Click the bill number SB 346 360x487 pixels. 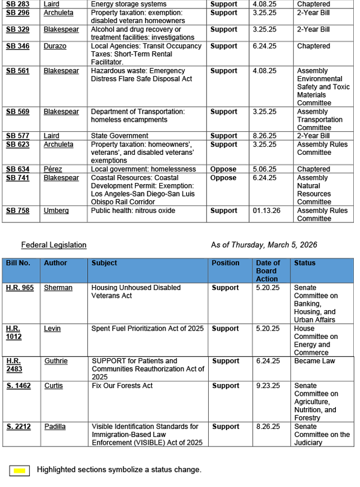(18, 46)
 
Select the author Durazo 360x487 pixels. (55, 46)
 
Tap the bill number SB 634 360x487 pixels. (18, 169)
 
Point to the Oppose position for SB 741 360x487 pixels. (223, 178)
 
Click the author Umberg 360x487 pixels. (56, 211)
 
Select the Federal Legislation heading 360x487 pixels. (54, 245)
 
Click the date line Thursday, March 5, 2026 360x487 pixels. (264, 245)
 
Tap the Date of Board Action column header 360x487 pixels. (268, 271)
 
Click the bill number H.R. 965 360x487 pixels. (20, 288)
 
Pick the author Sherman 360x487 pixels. (58, 288)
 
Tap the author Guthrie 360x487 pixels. (56, 361)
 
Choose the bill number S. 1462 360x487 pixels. (18, 386)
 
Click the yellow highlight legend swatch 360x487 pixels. (21, 470)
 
